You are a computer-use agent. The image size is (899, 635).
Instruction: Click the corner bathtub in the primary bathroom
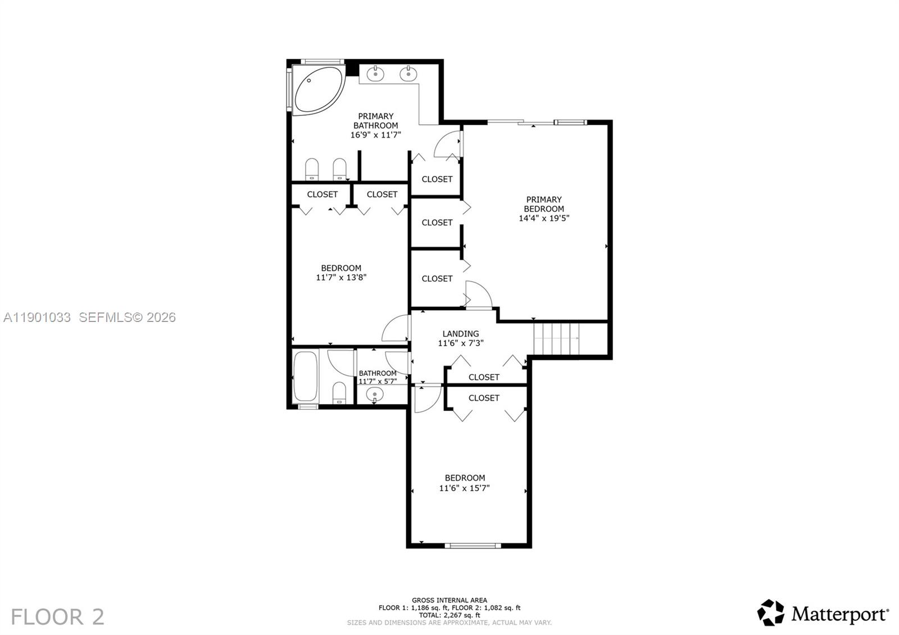[317, 90]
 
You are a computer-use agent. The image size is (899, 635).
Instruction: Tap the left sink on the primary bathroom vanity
[375, 74]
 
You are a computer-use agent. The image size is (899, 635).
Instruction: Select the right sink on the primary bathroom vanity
[408, 74]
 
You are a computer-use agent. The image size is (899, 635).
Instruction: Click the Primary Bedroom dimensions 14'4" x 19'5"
[544, 218]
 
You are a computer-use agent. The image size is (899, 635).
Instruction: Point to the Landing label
[461, 334]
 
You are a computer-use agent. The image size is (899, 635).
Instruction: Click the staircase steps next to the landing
[556, 339]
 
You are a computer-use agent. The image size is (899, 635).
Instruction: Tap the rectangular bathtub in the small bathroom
[306, 377]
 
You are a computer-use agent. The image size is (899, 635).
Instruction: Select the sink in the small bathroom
[375, 394]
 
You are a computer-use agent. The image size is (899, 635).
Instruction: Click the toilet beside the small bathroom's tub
[339, 393]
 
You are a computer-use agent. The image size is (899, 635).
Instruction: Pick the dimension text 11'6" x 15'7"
[464, 488]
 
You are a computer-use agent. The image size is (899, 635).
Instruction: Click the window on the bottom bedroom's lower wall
[473, 545]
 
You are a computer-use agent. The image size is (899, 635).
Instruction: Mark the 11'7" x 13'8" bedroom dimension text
[341, 277]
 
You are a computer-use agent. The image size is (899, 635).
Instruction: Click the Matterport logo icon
[771, 613]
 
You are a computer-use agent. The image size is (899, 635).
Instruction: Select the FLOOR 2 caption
[57, 617]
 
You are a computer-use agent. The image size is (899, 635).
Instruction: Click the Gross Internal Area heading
[449, 600]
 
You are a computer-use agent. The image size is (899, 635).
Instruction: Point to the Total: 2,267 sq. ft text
[449, 615]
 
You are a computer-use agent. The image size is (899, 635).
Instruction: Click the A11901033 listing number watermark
[37, 317]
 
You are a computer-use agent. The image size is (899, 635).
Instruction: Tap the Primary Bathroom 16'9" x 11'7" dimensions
[375, 135]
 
